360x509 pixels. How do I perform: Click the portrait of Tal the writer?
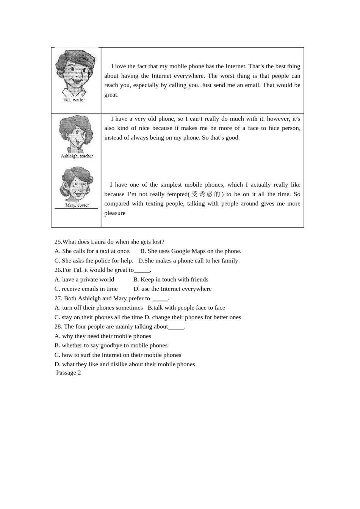(75, 73)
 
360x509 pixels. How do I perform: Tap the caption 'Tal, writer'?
(74, 100)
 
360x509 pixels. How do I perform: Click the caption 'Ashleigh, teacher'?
(77, 156)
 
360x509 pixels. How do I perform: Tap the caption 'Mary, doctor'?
(77, 205)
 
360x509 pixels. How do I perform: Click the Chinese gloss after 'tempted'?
(206, 194)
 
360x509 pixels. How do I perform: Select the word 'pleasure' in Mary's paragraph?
(115, 213)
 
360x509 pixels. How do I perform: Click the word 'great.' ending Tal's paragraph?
(111, 95)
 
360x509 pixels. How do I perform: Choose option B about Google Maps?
(191, 251)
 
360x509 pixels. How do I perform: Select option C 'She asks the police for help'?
(94, 261)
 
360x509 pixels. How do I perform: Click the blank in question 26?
(142, 270)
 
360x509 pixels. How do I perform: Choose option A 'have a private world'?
(84, 279)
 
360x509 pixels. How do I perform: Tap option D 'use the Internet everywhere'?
(172, 289)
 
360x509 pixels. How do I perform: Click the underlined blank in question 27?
(160, 299)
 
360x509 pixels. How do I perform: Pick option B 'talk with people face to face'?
(186, 308)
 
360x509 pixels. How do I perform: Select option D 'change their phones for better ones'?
(193, 317)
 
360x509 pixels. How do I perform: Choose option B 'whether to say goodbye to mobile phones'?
(111, 345)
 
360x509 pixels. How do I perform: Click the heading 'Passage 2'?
(68, 373)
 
